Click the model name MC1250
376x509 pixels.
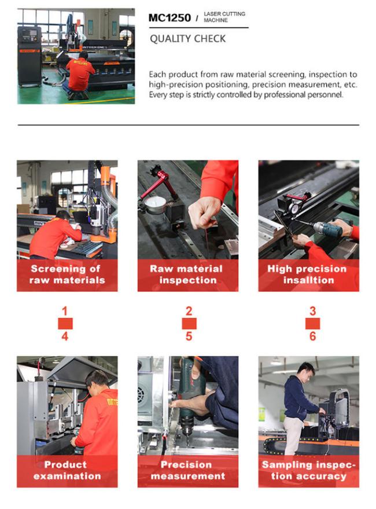pyautogui.click(x=169, y=17)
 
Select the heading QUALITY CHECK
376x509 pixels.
pyautogui.click(x=187, y=39)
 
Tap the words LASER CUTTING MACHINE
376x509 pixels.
pyautogui.click(x=224, y=17)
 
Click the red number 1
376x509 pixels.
pyautogui.click(x=65, y=312)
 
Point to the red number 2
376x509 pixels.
pyautogui.click(x=189, y=312)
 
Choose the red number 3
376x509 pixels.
pyautogui.click(x=312, y=312)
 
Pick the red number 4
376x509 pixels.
pyautogui.click(x=65, y=336)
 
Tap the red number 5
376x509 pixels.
pyautogui.click(x=189, y=336)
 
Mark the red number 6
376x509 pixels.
pyautogui.click(x=312, y=336)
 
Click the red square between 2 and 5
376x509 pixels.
pyautogui.click(x=189, y=324)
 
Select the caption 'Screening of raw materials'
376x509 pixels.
pyautogui.click(x=67, y=274)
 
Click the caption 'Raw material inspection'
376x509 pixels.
pyautogui.click(x=186, y=274)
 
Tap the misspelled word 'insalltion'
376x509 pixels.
pyautogui.click(x=308, y=280)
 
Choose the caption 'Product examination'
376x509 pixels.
pyautogui.click(x=67, y=470)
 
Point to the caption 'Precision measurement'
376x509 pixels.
pyautogui.click(x=188, y=470)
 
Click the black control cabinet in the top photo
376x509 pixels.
pyautogui.click(x=29, y=56)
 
